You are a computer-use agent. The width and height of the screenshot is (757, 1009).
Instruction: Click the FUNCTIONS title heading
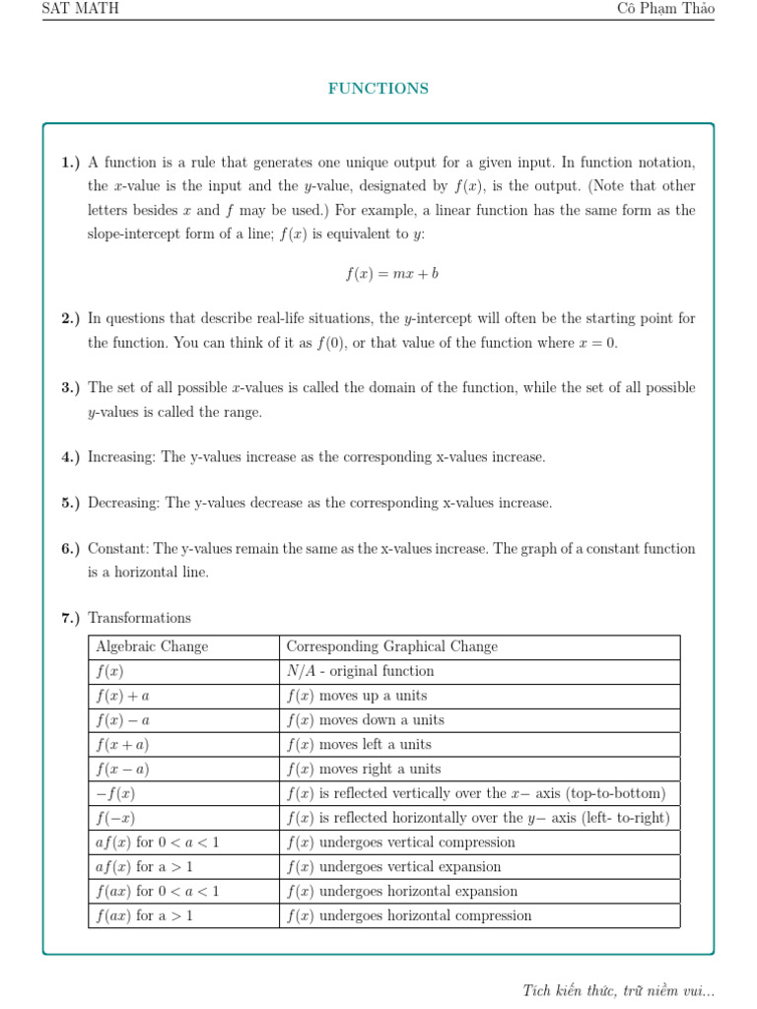378,89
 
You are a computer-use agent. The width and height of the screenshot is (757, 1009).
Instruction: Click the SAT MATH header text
80,9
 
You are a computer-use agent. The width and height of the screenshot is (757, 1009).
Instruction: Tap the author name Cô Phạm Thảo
665,9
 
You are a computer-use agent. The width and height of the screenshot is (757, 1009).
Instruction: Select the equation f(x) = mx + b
391,274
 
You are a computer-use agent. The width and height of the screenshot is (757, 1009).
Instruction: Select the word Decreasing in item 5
124,504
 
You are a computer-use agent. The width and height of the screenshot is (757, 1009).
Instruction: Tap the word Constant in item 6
117,549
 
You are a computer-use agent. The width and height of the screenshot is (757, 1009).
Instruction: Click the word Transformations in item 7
139,618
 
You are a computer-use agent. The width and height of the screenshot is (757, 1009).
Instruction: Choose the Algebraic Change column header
152,646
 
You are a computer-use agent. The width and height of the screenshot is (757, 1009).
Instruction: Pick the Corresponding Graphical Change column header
391,646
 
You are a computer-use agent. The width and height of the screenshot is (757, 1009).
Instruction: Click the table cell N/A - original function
360,671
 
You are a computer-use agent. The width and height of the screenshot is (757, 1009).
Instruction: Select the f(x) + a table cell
122,696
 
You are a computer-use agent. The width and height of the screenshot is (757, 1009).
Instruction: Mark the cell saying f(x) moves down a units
365,720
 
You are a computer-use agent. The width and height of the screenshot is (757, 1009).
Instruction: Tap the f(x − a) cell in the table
122,769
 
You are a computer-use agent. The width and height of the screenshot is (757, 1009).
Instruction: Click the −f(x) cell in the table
115,793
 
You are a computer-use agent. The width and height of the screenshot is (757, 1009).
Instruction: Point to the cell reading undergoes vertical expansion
393,867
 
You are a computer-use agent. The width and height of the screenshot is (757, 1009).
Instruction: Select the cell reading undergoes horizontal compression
408,915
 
